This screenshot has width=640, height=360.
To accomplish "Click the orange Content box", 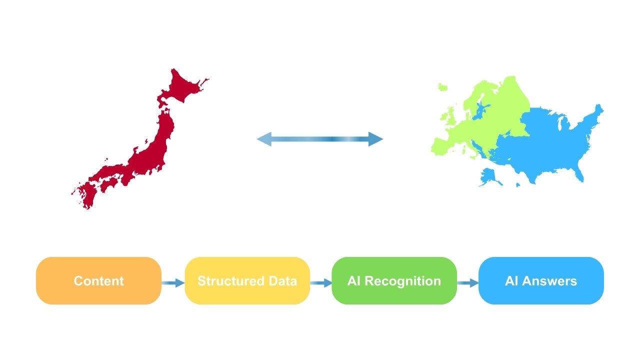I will tap(98, 280).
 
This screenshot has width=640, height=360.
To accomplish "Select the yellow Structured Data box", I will tap(247, 280).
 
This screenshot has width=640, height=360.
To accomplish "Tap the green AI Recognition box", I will tap(394, 280).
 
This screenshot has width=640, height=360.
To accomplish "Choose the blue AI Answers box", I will tap(541, 280).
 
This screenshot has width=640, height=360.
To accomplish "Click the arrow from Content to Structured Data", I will tap(173, 283).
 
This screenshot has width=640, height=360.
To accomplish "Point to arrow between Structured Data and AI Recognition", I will tap(321, 283).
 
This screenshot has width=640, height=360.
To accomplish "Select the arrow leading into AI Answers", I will tap(467, 283).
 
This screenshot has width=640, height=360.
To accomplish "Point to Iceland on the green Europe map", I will tap(442, 87).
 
